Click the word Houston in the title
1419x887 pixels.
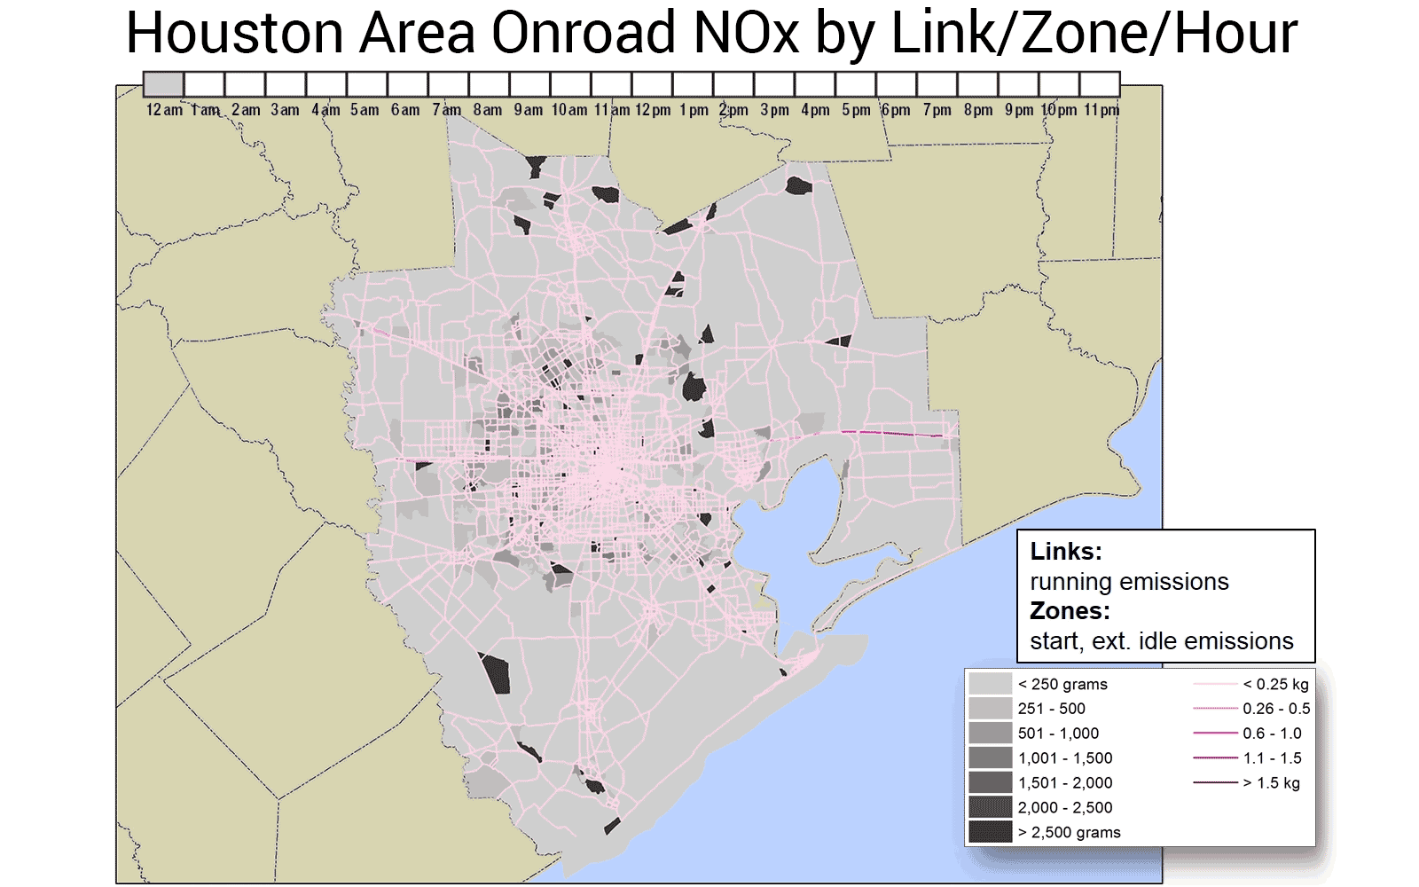234,34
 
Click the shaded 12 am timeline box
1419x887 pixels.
164,84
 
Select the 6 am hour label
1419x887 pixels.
405,110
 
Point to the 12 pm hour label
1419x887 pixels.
653,110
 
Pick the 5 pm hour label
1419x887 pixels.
856,110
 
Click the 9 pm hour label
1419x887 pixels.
1019,110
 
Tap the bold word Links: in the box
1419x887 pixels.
1066,551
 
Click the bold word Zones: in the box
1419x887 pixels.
1070,610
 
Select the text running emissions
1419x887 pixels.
1129,581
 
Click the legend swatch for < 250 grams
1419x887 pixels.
990,684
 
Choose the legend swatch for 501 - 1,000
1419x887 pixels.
990,734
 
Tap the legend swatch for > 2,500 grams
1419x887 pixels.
990,832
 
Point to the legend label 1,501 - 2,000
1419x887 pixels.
1064,782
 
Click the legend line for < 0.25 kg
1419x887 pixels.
1215,684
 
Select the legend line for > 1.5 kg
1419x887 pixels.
1215,782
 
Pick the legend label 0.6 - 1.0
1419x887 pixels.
1272,734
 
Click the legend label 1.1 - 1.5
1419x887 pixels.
1272,758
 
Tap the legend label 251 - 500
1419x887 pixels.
1051,709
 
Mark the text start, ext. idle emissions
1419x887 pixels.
1162,640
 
